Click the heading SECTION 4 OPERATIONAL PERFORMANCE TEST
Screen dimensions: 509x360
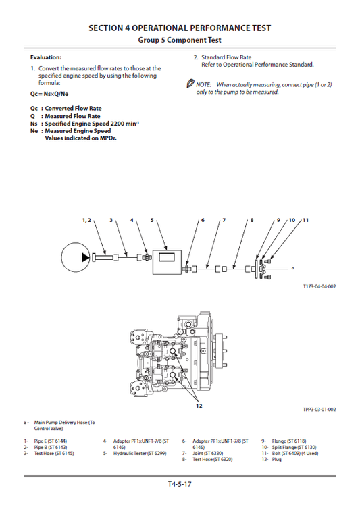pos(180,28)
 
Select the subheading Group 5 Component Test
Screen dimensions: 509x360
pos(180,41)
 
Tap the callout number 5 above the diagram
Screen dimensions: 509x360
pos(152,220)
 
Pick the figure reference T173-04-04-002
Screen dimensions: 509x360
pos(319,286)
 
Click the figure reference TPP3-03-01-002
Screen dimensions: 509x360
pos(319,409)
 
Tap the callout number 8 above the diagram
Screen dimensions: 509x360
pos(251,221)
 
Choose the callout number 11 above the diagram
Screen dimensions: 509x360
pos(305,220)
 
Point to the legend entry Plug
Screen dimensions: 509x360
pos(276,459)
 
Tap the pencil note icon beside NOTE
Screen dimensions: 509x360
pos(190,84)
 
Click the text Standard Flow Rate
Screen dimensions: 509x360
pos(226,58)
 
